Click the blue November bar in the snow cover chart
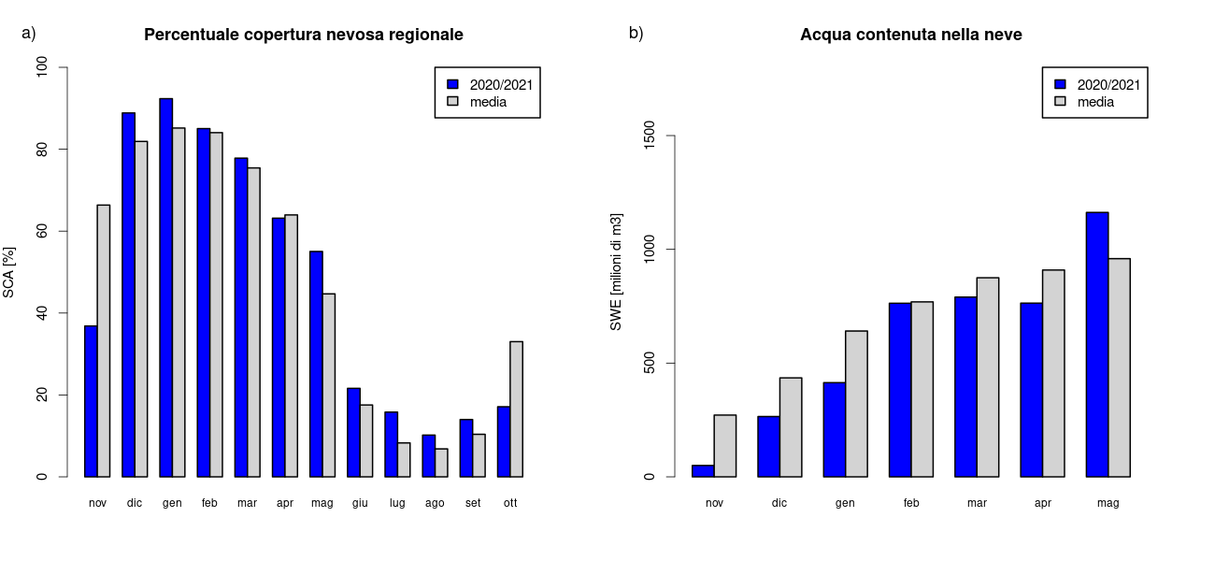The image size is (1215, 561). [91, 401]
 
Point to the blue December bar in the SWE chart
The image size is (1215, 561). [768, 446]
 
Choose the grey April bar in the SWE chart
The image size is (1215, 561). [1053, 373]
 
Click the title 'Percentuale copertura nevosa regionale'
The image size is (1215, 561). [304, 35]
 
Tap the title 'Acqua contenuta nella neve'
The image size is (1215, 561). [910, 35]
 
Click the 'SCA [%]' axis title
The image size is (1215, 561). [9, 272]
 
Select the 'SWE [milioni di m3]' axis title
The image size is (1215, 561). [616, 272]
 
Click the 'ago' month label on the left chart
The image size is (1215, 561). [435, 503]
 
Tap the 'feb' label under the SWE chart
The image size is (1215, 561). [911, 503]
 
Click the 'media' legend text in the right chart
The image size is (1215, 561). [1095, 102]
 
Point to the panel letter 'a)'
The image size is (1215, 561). [28, 34]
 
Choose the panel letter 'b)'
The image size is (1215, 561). [636, 34]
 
